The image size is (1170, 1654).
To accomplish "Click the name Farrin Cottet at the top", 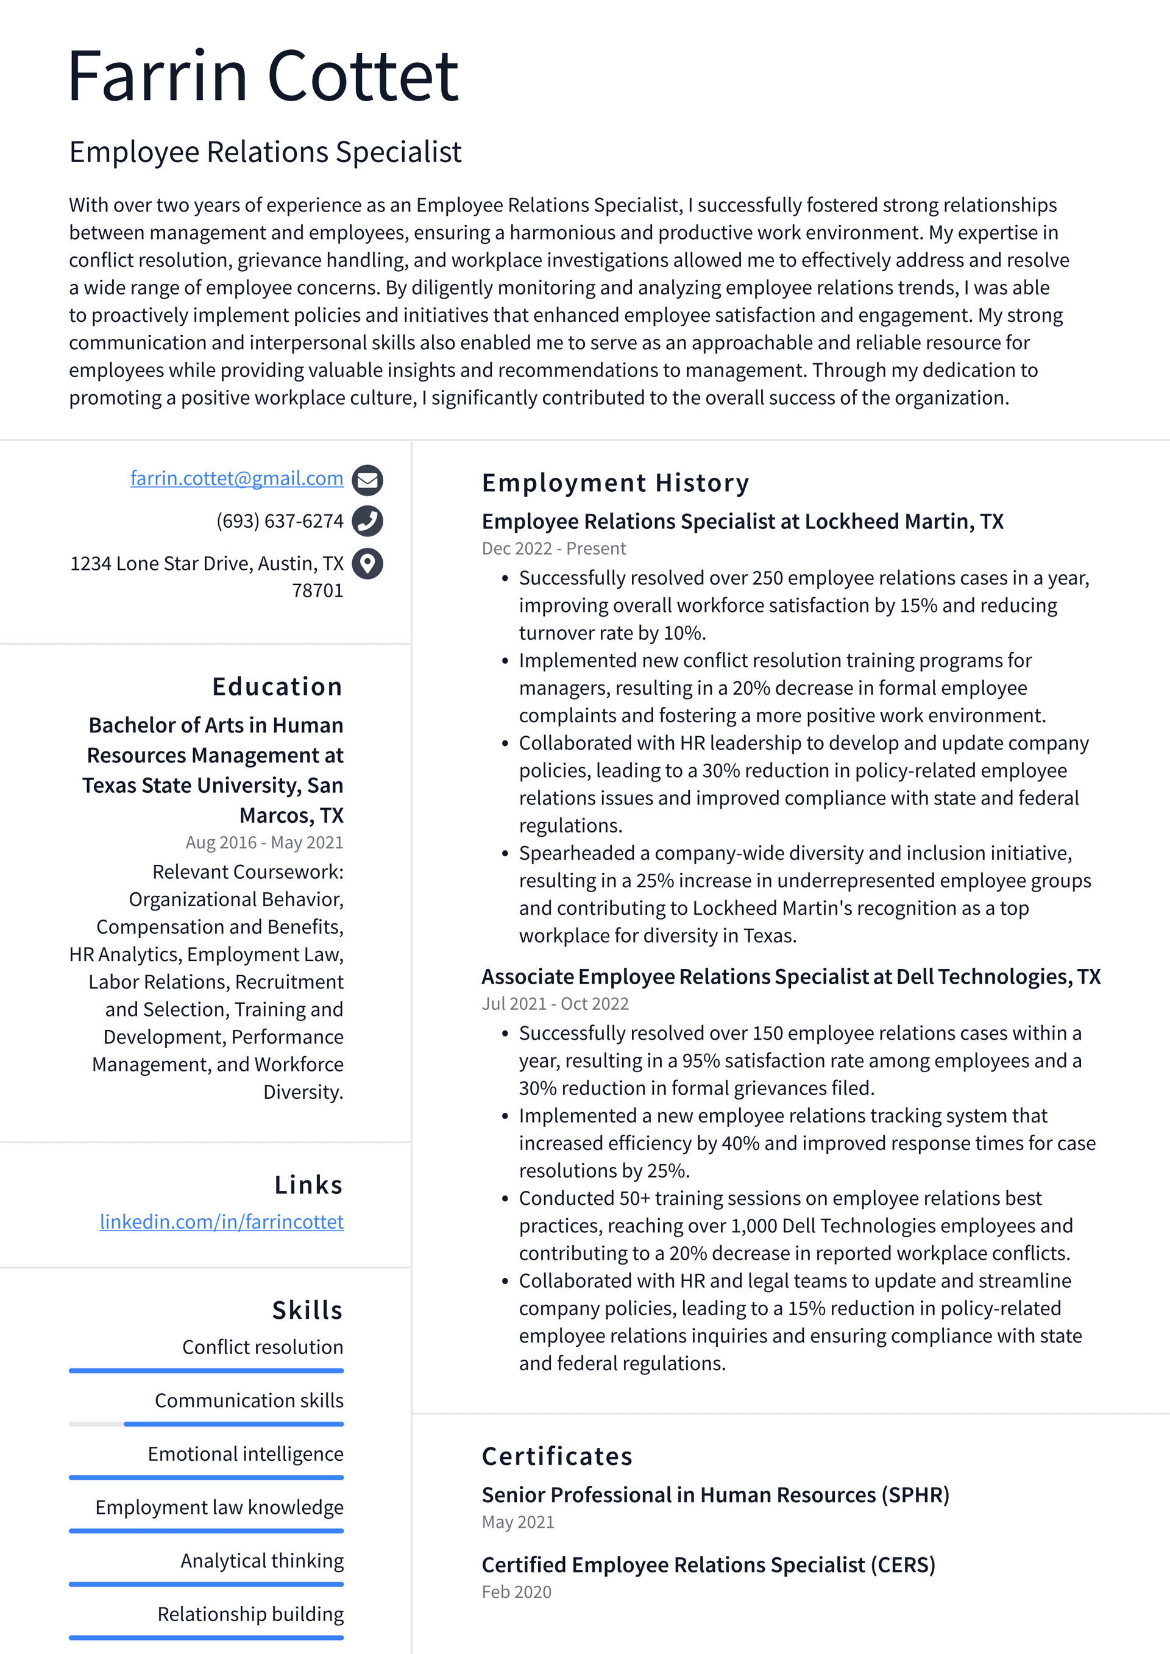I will click(263, 76).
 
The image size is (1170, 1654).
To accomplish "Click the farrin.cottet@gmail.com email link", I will click(236, 478).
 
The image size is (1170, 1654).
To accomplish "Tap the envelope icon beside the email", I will click(367, 480).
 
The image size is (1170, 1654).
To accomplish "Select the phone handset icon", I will click(367, 521).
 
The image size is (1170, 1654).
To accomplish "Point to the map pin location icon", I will click(367, 563).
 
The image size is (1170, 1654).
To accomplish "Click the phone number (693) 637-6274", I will click(280, 521).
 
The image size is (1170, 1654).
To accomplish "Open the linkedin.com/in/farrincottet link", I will click(221, 1222).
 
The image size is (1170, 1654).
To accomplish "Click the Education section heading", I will click(277, 686).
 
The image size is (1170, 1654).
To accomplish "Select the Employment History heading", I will click(615, 483).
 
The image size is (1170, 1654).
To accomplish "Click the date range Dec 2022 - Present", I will click(553, 548).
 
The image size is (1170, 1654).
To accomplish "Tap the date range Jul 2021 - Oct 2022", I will click(555, 1004).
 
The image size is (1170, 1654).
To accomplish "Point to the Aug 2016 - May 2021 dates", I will click(264, 842).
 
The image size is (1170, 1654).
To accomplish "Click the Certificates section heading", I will click(557, 1456).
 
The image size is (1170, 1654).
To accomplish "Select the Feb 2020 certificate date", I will click(516, 1591).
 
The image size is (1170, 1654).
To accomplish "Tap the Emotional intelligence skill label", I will click(245, 1453).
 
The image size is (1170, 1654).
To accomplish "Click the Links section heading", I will click(308, 1185).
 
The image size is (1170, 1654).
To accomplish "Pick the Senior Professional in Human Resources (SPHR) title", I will click(715, 1495).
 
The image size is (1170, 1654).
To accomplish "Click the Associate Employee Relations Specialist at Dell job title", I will click(790, 977).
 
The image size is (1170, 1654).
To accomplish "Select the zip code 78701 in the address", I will click(317, 591).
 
